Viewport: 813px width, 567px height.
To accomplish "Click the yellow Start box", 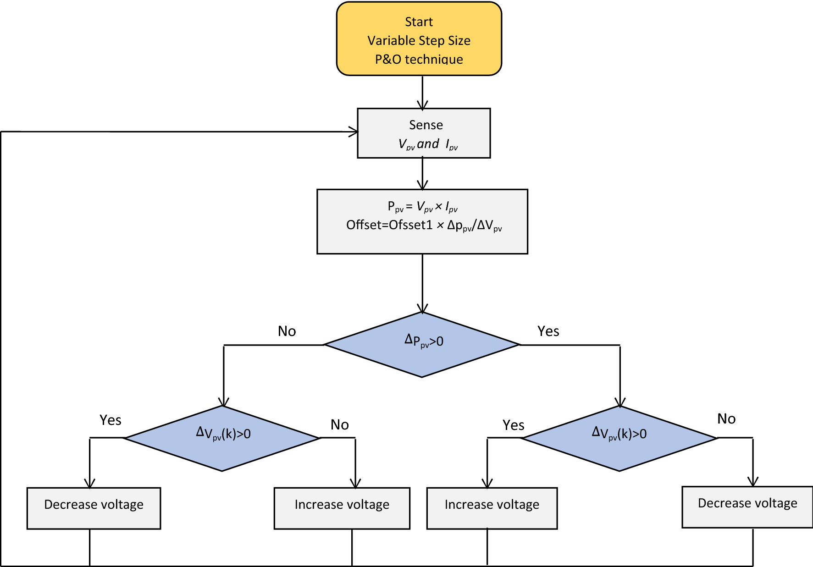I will [419, 39].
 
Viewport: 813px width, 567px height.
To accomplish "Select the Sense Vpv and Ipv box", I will [424, 133].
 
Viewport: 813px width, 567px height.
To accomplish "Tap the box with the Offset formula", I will [422, 221].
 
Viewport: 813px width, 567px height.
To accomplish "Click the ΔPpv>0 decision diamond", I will [422, 345].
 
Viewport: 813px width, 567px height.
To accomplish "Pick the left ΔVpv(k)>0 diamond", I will [222, 438].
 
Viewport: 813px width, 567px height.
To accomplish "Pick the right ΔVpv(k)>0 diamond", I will [619, 438].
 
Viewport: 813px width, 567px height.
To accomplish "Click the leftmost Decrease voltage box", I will [94, 508].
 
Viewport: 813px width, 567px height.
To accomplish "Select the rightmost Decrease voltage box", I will [747, 506].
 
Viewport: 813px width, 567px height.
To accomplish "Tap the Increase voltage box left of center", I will [342, 508].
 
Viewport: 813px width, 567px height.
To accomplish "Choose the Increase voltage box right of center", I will [492, 508].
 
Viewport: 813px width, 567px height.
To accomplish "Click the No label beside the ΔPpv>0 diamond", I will [287, 331].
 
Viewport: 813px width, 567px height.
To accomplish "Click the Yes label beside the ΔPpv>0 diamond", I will [548, 331].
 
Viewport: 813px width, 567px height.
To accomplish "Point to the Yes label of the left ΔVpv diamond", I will [111, 420].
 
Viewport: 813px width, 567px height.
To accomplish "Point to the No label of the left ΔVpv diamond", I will [340, 424].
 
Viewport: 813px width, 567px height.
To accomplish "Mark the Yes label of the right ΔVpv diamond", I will [513, 425].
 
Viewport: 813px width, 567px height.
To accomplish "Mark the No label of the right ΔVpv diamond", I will [726, 418].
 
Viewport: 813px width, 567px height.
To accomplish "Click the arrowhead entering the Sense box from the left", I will [354, 132].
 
